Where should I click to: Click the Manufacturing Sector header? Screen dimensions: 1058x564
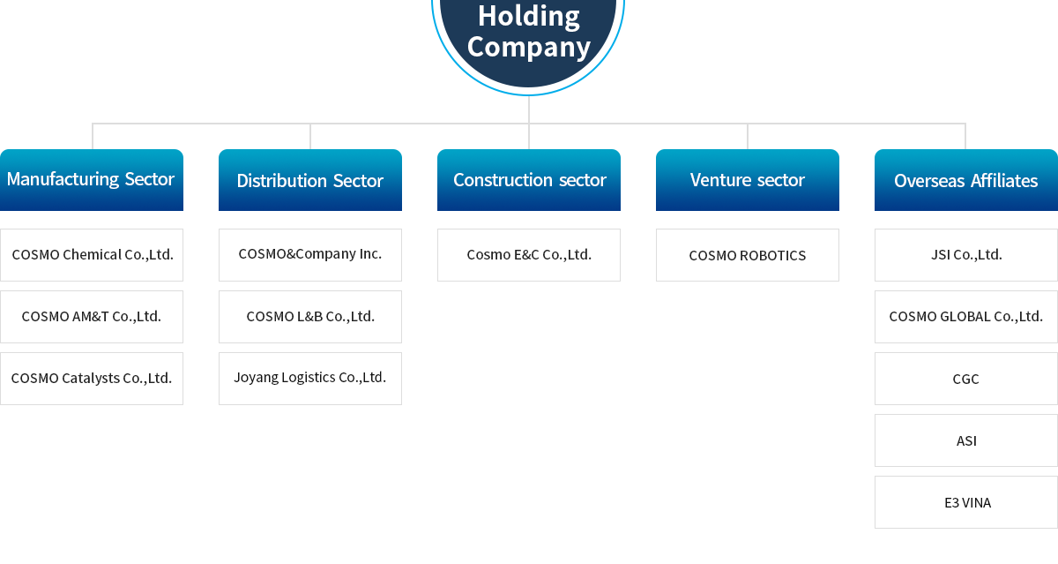92,180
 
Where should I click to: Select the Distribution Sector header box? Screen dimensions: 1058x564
310,180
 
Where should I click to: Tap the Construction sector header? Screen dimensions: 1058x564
529,180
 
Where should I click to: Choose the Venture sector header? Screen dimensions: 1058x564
748,180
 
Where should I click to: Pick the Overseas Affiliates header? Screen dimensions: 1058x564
966,180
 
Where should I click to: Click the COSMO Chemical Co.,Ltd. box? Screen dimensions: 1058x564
92,255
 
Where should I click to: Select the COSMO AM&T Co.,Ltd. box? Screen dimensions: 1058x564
92,317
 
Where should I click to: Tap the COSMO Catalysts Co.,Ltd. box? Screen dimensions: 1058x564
92,379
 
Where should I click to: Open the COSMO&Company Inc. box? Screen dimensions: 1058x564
310,255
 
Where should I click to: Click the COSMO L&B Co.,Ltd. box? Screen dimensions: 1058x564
310,317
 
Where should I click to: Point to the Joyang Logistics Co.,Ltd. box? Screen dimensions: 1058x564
310,379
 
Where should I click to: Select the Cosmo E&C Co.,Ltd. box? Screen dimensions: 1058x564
529,255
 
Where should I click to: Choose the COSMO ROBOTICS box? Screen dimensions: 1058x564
748,255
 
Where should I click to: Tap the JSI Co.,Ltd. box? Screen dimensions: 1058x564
966,255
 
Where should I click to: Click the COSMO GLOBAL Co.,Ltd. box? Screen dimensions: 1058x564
966,317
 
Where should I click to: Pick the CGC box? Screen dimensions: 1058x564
966,379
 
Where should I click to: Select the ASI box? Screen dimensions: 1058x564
966,440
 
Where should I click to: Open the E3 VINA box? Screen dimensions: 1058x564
966,502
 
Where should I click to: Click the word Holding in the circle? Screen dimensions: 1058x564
529,17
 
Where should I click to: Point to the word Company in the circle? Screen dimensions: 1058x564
529,48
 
